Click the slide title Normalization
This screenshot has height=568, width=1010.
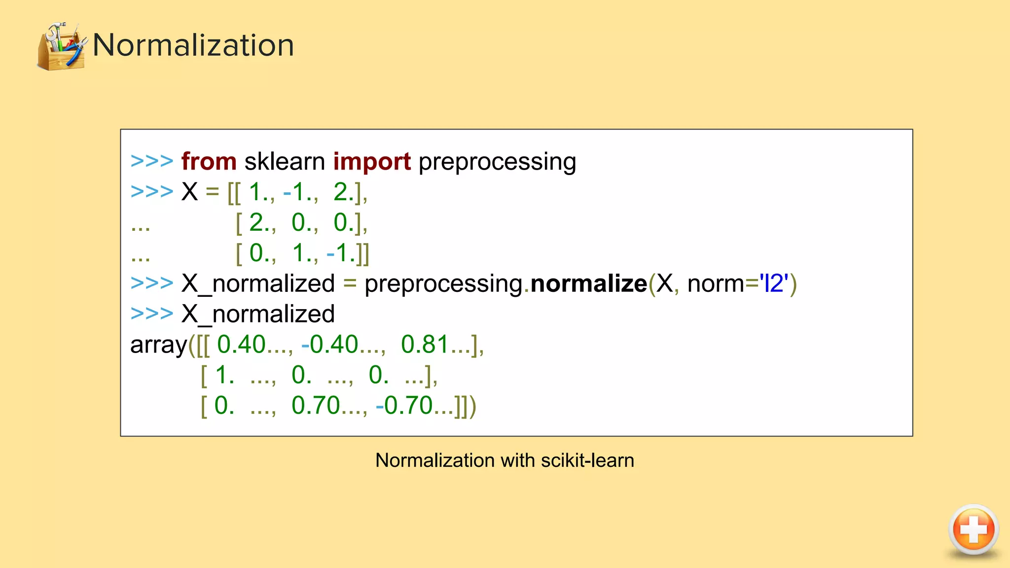pos(193,45)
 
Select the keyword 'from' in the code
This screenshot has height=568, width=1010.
pos(209,162)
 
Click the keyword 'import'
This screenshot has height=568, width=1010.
pos(372,162)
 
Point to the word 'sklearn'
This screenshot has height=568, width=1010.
pos(285,162)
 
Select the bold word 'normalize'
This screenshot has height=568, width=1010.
pos(588,284)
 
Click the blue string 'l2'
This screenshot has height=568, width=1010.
pos(774,284)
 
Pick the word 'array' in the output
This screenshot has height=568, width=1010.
pos(158,345)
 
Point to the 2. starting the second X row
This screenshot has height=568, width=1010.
pos(261,223)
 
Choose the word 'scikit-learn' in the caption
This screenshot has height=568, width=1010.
pos(587,461)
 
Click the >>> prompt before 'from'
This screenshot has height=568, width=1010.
pos(151,162)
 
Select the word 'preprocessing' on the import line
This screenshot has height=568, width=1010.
pos(497,162)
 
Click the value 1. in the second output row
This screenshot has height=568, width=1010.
pos(225,375)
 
